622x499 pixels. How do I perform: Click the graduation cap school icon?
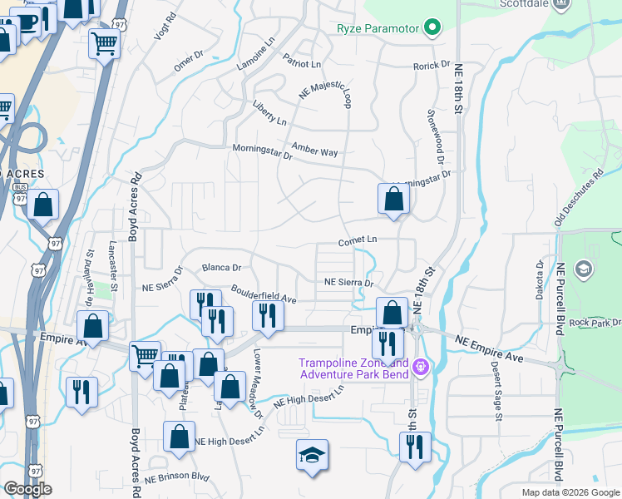click(x=313, y=455)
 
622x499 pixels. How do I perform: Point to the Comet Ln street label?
click(x=358, y=240)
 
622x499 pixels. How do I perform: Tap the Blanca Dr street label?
click(x=221, y=268)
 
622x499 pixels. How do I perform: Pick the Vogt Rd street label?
click(x=165, y=27)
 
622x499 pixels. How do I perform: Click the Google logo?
click(x=27, y=489)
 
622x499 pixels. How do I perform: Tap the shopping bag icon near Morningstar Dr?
click(x=393, y=199)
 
